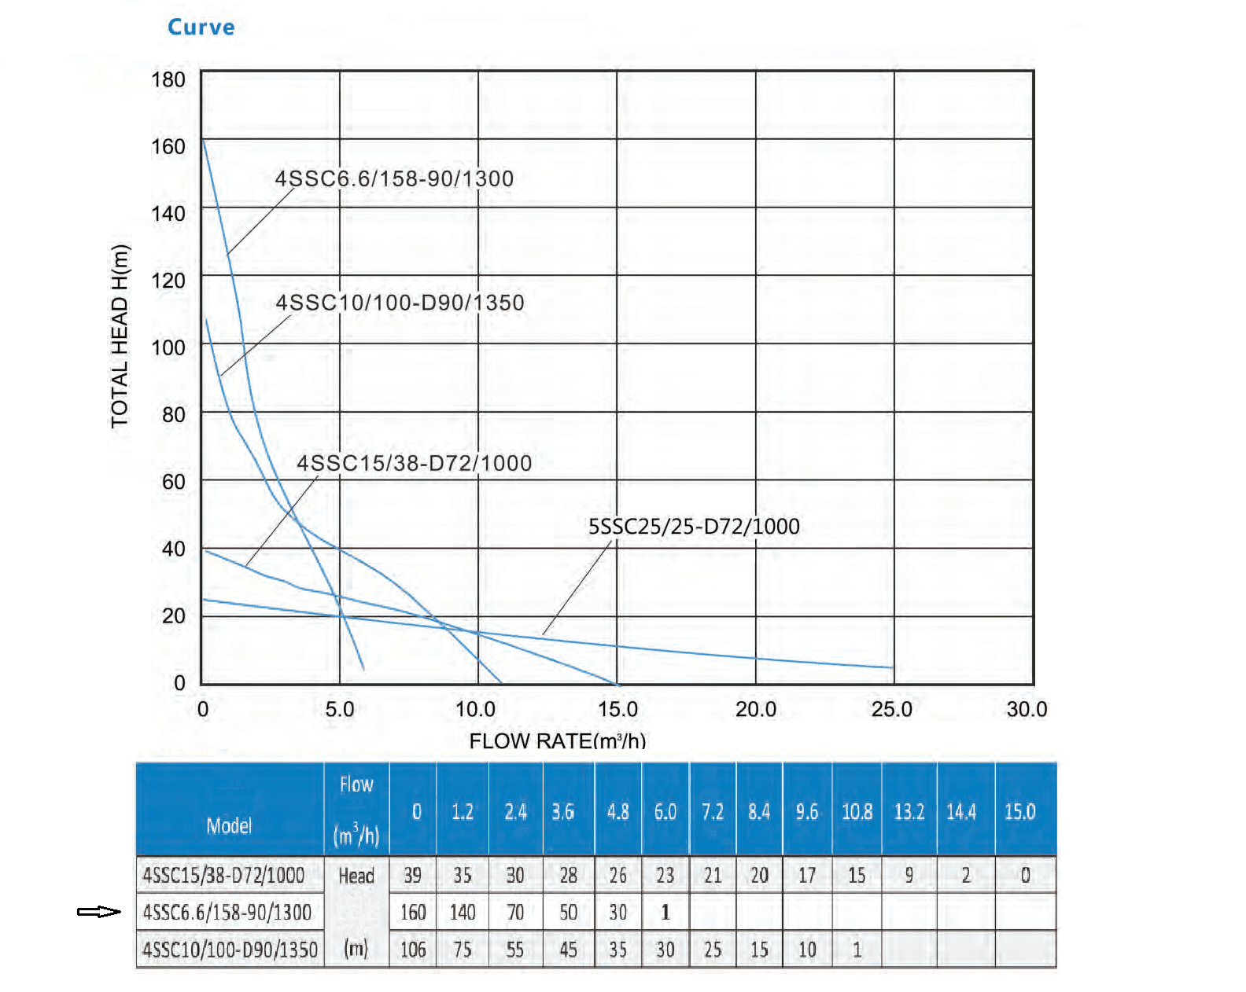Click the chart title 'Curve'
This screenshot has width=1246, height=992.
[201, 27]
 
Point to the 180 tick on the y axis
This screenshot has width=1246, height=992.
[168, 79]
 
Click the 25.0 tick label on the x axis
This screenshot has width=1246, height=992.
[892, 709]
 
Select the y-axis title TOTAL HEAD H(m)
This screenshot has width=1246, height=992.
[120, 337]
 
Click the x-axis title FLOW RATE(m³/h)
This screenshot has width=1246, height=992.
[557, 740]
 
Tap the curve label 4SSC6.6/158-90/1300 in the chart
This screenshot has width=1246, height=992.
[394, 178]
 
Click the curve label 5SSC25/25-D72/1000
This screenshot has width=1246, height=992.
[694, 526]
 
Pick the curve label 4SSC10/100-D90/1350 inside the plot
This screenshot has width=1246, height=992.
[400, 303]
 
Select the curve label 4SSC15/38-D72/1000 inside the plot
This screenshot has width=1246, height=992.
[414, 463]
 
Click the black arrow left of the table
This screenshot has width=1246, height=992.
[99, 912]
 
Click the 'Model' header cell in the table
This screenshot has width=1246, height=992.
[229, 825]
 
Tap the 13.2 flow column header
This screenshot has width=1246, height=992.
[909, 811]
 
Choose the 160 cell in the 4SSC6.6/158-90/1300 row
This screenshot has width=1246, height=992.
[413, 912]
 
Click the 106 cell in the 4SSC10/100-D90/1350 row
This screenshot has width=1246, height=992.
[413, 950]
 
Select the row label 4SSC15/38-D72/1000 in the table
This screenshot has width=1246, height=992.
[223, 875]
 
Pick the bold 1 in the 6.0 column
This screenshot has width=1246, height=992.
[665, 912]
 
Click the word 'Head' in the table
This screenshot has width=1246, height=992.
[356, 876]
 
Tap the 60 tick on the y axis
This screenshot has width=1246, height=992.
[174, 482]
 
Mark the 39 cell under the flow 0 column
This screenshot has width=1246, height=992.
[413, 875]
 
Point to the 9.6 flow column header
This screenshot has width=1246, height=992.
[807, 811]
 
